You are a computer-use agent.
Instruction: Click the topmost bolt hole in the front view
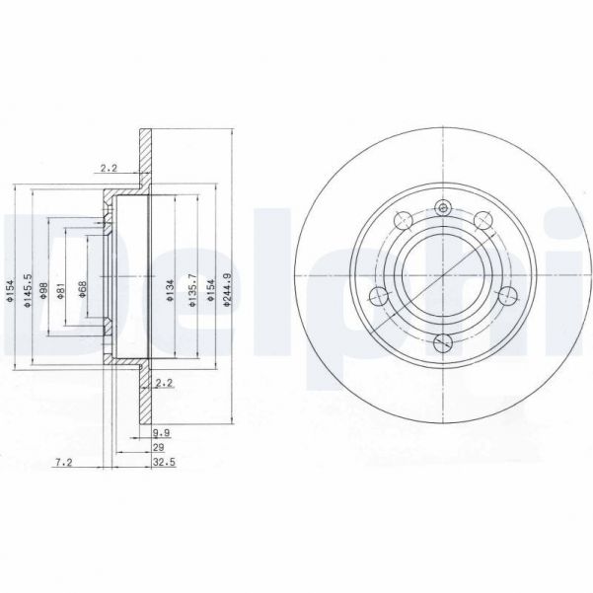click(443, 208)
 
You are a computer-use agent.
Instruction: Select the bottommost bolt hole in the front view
click(443, 342)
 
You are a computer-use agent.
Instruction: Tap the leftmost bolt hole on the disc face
click(376, 293)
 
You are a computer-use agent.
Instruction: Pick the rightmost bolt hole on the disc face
click(509, 293)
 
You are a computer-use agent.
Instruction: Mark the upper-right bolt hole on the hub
click(483, 220)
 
